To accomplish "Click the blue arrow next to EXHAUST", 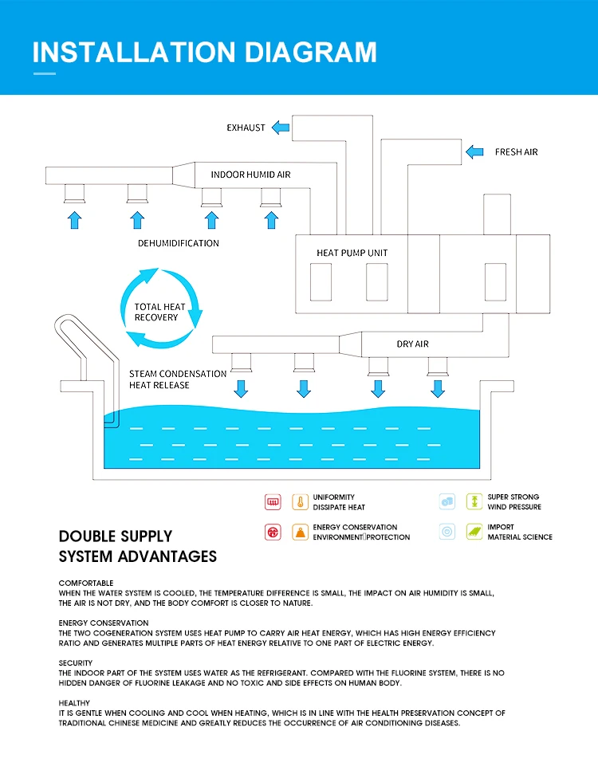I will (280, 128).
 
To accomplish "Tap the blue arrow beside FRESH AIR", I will (474, 151).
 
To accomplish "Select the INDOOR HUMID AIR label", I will (250, 175).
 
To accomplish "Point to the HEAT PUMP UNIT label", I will (352, 253).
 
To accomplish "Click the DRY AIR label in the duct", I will (412, 344).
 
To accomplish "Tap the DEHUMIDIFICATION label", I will (177, 243).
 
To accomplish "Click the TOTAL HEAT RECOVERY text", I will (159, 312).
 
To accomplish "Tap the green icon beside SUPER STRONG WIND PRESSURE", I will (474, 502).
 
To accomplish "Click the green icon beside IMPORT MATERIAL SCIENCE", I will (474, 532).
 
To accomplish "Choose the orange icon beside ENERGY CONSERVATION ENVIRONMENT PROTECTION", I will (300, 532).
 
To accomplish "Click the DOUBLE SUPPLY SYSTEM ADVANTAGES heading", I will (138, 546).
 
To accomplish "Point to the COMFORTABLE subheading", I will (86, 583).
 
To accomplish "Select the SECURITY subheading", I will (76, 663).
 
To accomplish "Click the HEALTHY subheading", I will (74, 703).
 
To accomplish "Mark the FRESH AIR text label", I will (516, 152).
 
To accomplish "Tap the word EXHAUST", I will (246, 128).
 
